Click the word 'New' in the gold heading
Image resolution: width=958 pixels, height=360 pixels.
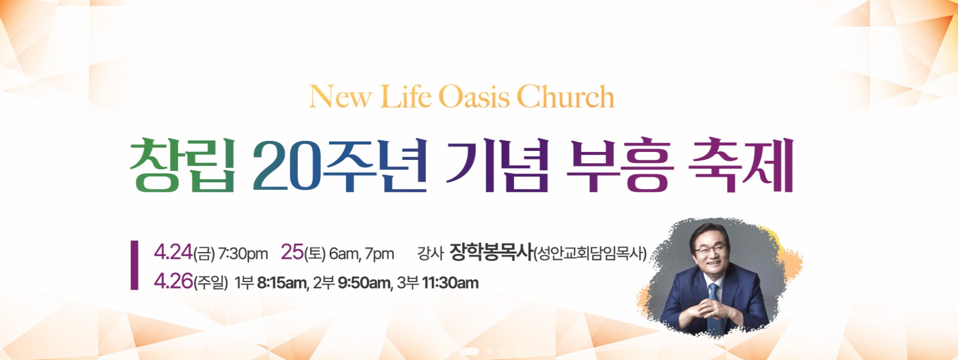[x=341, y=97]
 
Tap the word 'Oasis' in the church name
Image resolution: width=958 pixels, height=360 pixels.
[x=474, y=97]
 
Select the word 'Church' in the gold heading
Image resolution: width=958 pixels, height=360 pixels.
[x=565, y=97]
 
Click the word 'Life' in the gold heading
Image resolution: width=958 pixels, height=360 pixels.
[x=406, y=97]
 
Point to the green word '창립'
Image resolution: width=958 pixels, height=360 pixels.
[x=182, y=166]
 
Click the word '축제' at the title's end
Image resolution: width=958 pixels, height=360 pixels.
[x=741, y=166]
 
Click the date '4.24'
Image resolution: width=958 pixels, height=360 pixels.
[x=173, y=253]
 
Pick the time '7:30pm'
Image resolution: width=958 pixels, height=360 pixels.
[x=243, y=254]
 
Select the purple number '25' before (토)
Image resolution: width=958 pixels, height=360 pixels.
[x=292, y=253]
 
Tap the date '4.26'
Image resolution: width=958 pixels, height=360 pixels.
[x=173, y=282]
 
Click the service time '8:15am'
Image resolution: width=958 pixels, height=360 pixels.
[x=282, y=283]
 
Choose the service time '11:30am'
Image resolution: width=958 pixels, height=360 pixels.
[x=450, y=283]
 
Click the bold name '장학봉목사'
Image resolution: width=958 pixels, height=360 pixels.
[x=491, y=253]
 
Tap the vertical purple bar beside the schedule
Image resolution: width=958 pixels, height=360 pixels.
[x=135, y=265]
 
